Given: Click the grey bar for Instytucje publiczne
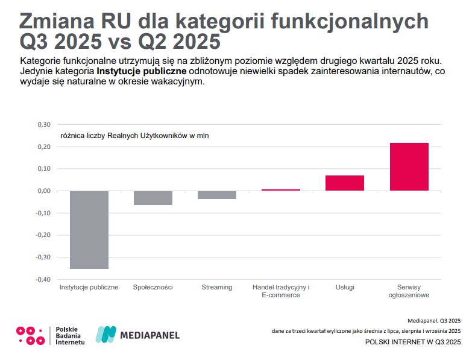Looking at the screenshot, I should [89, 229].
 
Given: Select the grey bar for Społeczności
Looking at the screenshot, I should [153, 198].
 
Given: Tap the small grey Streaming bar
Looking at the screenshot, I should [217, 195].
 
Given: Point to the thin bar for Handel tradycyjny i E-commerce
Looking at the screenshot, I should [281, 190].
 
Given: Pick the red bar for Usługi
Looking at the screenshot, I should [345, 183].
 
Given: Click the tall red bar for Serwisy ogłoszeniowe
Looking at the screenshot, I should [409, 166].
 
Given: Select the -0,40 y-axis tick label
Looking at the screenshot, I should [43, 279].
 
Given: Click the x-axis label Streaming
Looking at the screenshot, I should [217, 287].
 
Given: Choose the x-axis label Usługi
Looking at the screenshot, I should [345, 287].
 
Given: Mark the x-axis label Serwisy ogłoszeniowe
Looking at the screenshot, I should [409, 291].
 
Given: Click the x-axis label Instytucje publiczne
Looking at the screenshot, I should [89, 287].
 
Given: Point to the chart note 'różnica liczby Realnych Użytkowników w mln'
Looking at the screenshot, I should [134, 136].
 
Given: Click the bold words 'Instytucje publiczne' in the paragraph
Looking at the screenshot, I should [142, 72].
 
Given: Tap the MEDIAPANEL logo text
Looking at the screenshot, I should [150, 335].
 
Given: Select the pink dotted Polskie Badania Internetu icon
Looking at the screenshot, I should [30, 335].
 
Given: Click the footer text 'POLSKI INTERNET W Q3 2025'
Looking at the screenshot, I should [413, 342].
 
